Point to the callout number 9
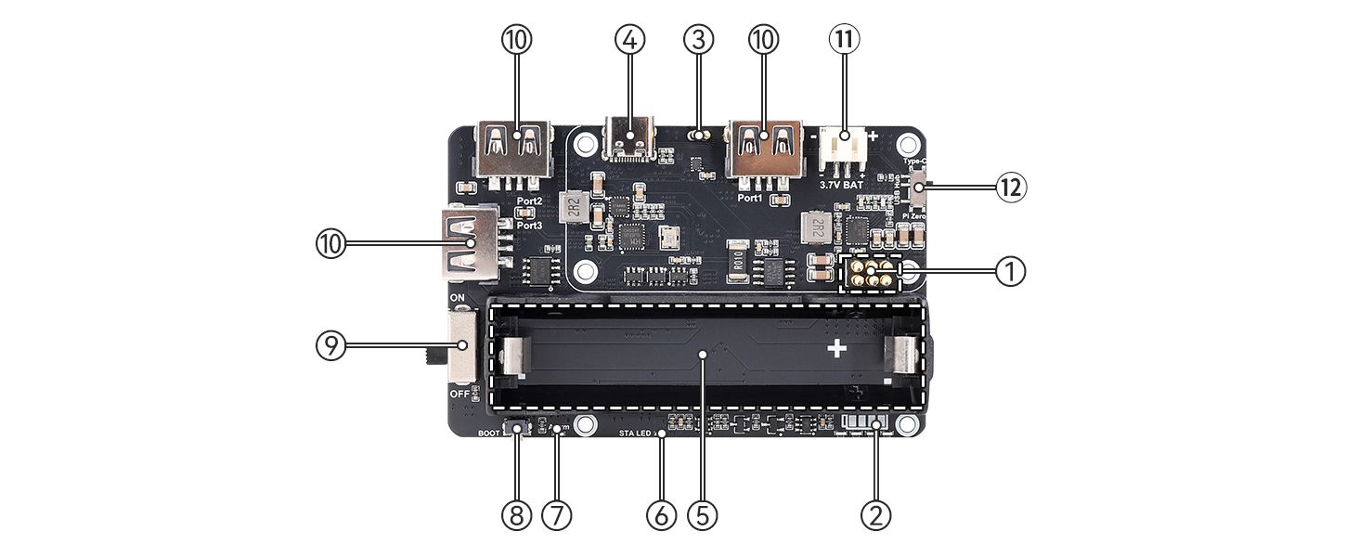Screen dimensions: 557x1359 point(330,346)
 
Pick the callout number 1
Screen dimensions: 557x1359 point(1011,272)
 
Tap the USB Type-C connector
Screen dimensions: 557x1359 point(630,139)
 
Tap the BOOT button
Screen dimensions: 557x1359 point(516,429)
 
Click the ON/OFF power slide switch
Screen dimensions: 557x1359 point(460,348)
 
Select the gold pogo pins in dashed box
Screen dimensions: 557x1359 point(870,273)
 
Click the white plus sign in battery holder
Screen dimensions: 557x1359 point(837,349)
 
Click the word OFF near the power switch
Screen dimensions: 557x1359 point(459,395)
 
